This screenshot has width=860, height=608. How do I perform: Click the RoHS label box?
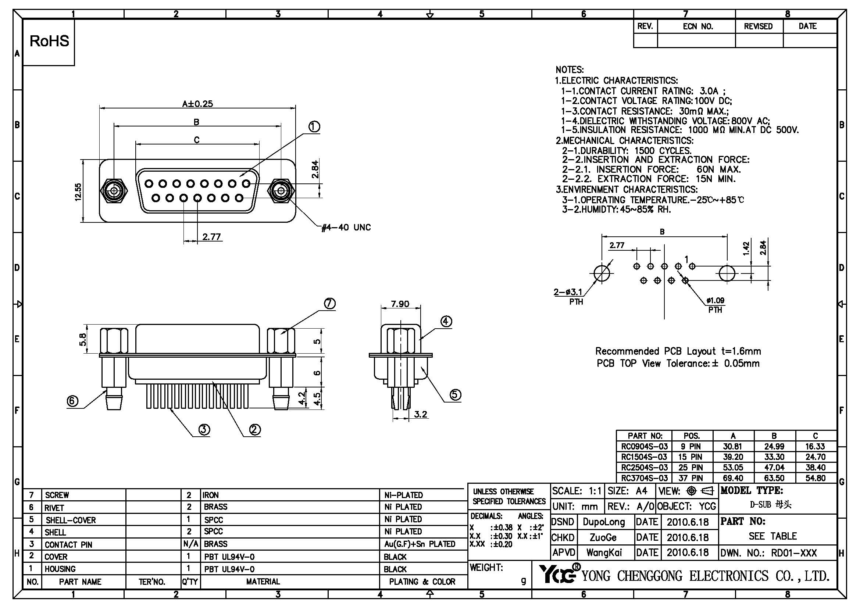[x=49, y=42]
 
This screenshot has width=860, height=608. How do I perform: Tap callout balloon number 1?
[x=314, y=127]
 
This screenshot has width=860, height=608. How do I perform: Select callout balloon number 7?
[x=329, y=303]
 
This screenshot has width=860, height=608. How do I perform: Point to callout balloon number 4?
[x=446, y=321]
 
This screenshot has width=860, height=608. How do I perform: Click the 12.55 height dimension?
[x=78, y=192]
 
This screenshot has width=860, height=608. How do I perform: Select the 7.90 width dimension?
[x=400, y=304]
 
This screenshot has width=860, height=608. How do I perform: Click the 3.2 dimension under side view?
[x=420, y=414]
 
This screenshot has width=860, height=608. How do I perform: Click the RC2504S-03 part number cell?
[x=644, y=468]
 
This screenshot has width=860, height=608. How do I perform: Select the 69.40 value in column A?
[x=733, y=478]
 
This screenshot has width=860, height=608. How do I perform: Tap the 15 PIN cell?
[x=692, y=457]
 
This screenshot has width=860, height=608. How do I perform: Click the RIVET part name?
[x=55, y=508]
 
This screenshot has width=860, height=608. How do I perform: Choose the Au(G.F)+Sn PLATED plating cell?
[x=420, y=544]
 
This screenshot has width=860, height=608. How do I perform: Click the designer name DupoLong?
[x=604, y=522]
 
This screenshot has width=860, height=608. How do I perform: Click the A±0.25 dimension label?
[x=197, y=104]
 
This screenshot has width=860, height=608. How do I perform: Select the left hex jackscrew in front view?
[x=115, y=191]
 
